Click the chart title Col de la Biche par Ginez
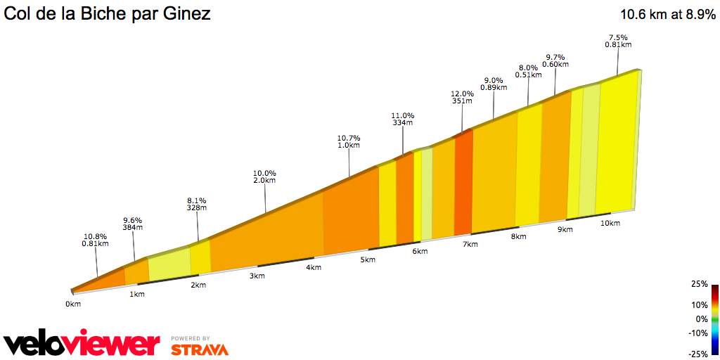coord(108,13)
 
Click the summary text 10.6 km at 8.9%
coord(667,13)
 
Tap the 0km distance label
coord(73,304)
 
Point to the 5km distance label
coord(368,259)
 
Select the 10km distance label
coord(610,223)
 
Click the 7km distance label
coord(470,244)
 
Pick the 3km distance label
coord(257,276)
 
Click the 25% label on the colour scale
coord(699,284)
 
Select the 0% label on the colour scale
coord(700,319)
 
